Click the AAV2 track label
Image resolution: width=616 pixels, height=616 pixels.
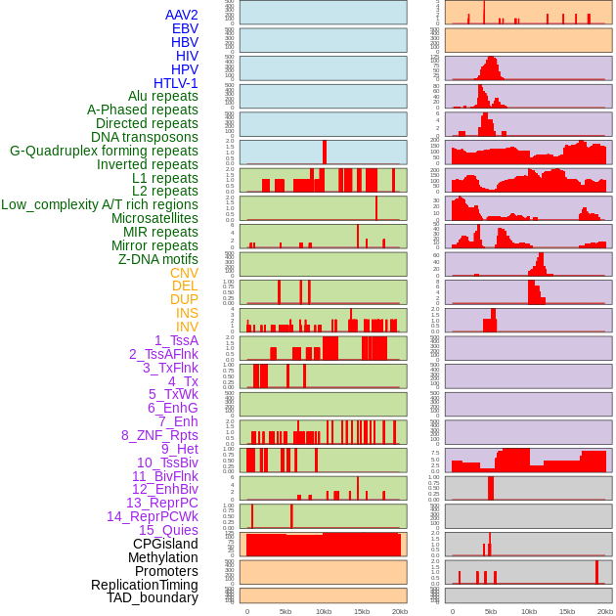point(182,16)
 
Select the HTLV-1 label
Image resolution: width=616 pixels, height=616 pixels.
point(176,83)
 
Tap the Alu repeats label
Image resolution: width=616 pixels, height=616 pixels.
point(163,97)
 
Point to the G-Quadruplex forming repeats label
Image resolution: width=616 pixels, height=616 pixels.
point(104,151)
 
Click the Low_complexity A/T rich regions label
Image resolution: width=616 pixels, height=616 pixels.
point(100,205)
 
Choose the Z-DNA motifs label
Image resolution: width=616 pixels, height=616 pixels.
point(158,259)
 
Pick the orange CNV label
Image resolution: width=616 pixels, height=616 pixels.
point(184,273)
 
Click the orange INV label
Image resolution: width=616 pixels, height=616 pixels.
point(187,327)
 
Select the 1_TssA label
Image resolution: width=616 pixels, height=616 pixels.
point(176,340)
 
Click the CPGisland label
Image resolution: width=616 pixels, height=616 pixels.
point(165,544)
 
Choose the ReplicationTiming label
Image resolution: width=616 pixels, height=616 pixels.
point(145,585)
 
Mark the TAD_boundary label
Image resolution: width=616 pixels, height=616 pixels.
point(153,597)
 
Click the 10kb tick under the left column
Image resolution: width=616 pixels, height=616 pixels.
point(324,611)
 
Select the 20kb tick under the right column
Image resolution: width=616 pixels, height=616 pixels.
point(605,611)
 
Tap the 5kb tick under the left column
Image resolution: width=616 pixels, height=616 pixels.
point(286,611)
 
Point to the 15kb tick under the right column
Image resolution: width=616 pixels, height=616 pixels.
point(567,611)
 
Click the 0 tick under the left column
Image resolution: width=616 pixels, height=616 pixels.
point(246,611)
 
